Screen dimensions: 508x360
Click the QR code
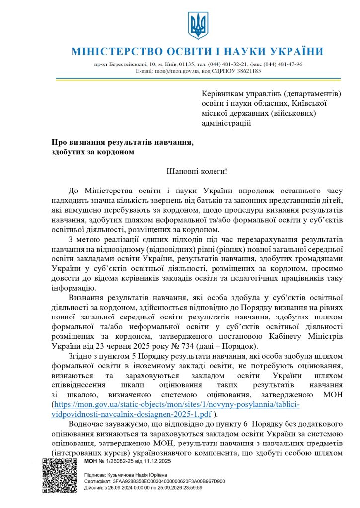point(59,475)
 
